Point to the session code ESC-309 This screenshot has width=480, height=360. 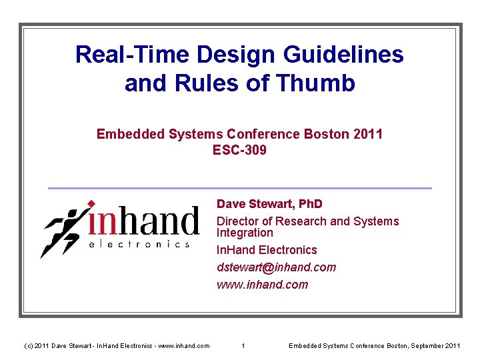click(239, 150)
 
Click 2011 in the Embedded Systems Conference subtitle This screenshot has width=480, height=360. click(369, 134)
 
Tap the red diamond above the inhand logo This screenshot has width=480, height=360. click(91, 203)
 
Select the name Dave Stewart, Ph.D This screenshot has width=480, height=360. click(269, 203)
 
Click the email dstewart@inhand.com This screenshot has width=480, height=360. click(276, 267)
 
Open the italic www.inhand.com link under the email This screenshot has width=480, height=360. click(262, 285)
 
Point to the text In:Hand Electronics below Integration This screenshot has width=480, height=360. click(267, 250)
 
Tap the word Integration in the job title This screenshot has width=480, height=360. click(245, 233)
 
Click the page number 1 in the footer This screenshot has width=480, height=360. click(243, 345)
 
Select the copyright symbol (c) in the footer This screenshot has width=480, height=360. click(27, 345)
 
